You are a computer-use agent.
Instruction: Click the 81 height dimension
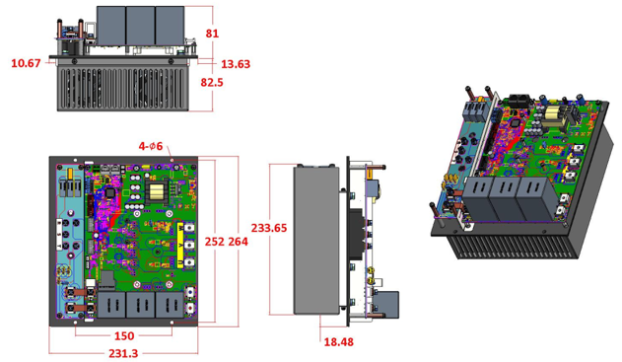pyautogui.click(x=212, y=34)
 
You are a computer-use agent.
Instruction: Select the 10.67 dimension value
pyautogui.click(x=26, y=63)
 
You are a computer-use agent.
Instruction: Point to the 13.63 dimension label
pyautogui.click(x=236, y=64)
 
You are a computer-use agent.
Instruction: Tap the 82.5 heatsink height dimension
pyautogui.click(x=212, y=83)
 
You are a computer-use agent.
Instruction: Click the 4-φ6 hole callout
pyautogui.click(x=151, y=146)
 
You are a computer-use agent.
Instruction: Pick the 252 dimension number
pyautogui.click(x=215, y=242)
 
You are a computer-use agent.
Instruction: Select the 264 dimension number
pyautogui.click(x=238, y=242)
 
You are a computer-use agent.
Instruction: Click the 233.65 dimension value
pyautogui.click(x=269, y=228)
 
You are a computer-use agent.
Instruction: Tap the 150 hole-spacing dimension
pyautogui.click(x=124, y=336)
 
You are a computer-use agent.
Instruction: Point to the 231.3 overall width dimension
pyautogui.click(x=123, y=353)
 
